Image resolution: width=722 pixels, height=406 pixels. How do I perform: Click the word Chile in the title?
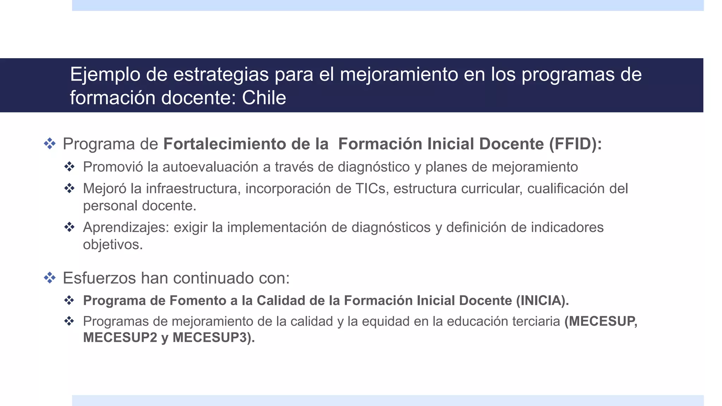coord(264,98)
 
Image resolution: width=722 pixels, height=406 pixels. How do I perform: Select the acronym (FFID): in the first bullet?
coord(575,144)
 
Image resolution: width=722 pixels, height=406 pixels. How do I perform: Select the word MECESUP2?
coord(120,338)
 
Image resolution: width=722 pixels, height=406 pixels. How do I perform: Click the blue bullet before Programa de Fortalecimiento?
coord(50,144)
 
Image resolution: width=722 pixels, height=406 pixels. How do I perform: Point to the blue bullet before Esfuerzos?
coord(50,278)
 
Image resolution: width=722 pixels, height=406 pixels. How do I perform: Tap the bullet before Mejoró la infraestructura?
coord(69,189)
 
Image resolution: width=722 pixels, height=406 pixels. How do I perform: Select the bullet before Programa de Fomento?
coord(69,301)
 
